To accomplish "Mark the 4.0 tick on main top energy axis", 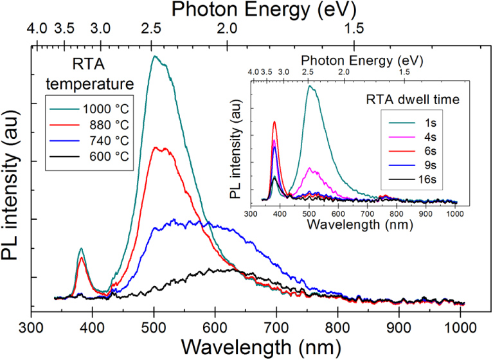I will [x=37, y=29].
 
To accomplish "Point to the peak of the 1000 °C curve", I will [x=154, y=56].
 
